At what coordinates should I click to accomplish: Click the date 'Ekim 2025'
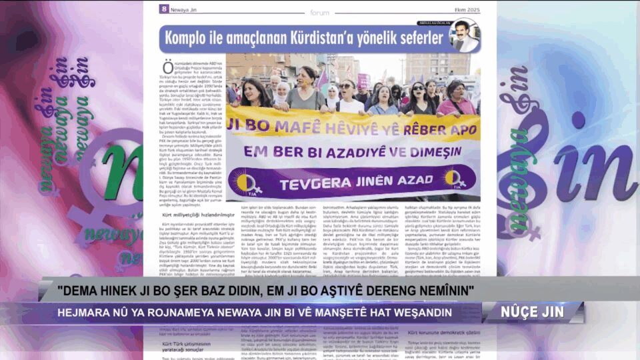466,9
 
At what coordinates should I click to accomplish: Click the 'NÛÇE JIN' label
534,312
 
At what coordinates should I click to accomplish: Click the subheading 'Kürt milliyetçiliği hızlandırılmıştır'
194,215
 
